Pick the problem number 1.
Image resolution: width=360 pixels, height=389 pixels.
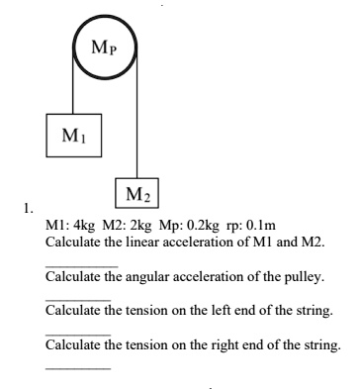pyautogui.click(x=30, y=209)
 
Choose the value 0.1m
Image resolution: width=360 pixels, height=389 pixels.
pyautogui.click(x=260, y=227)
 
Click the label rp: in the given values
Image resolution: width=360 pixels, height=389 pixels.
pyautogui.click(x=232, y=227)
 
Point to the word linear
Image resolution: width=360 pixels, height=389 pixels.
pyautogui.click(x=135, y=243)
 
